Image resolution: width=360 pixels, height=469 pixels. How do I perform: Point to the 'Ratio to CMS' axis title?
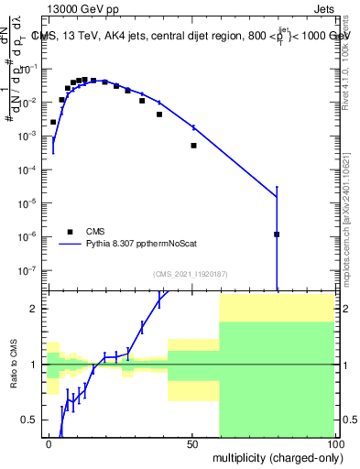[x=13, y=365]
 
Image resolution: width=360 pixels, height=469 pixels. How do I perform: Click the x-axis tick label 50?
[x=193, y=443]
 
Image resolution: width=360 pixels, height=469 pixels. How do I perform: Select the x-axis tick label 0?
[x=49, y=443]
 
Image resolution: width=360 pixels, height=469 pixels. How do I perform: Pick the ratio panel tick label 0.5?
[x=33, y=420]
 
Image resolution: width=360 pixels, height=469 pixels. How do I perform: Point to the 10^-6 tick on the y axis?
[x=30, y=236]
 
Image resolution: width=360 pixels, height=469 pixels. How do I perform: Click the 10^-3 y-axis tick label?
[x=30, y=136]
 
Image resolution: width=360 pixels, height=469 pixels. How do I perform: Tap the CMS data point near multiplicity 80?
[x=277, y=234]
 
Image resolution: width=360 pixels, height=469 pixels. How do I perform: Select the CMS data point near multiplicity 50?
[x=193, y=145]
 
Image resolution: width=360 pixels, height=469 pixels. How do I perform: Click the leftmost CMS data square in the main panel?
[x=53, y=122]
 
